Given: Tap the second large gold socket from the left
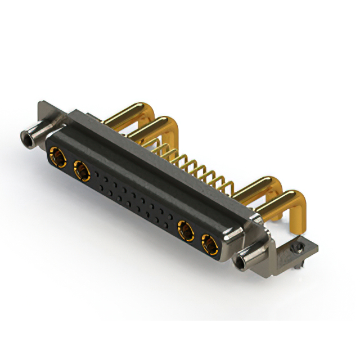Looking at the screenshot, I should [80, 168].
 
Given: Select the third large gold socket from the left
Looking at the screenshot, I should [184, 229].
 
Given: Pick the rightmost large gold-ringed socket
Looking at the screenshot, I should [209, 244].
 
